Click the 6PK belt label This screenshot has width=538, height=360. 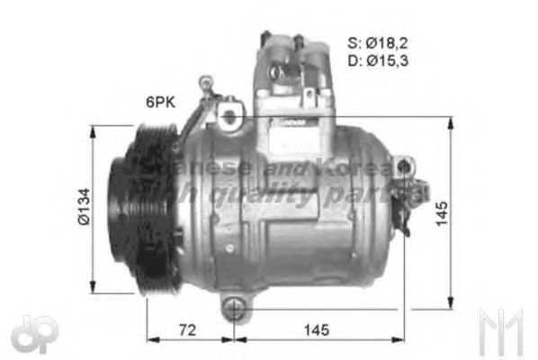click(x=159, y=103)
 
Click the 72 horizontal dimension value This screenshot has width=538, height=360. click(x=186, y=330)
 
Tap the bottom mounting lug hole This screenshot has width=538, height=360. click(x=233, y=310)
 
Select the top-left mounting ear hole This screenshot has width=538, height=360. click(x=229, y=116)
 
